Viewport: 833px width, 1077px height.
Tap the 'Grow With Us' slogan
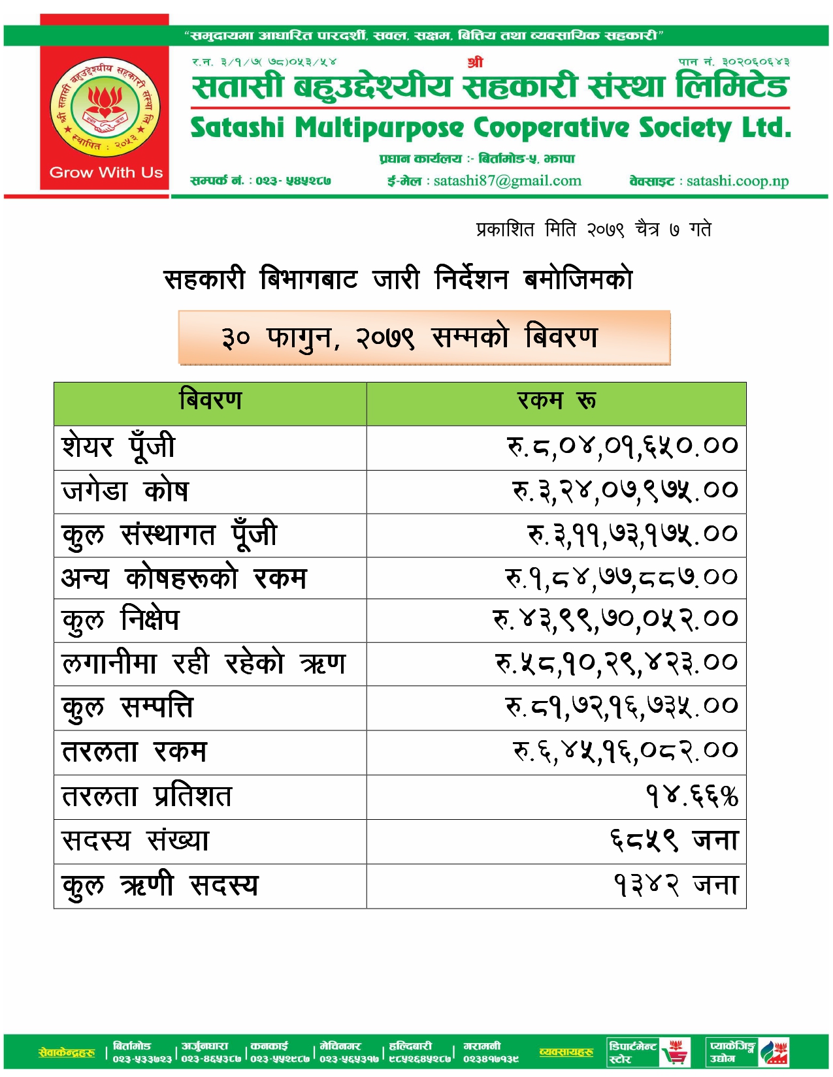[106, 173]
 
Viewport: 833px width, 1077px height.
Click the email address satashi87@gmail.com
[507, 181]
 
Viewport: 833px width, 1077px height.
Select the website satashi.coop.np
[738, 181]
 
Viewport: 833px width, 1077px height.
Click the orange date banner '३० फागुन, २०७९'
[424, 337]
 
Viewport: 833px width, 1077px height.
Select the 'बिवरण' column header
[210, 400]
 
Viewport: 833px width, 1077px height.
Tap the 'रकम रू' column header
[556, 400]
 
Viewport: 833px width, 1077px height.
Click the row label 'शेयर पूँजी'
[118, 447]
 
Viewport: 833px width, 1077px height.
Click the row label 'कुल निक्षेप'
[120, 620]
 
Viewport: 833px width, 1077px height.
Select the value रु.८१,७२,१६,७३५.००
[621, 707]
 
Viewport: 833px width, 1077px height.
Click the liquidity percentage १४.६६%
[691, 796]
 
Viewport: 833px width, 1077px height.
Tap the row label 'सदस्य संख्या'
[135, 841]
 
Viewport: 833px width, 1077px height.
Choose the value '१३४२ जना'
[676, 885]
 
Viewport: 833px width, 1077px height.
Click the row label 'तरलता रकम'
[134, 752]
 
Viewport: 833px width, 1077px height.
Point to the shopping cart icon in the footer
[675, 1052]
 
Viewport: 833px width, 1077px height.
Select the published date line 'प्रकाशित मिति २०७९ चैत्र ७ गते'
[593, 230]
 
